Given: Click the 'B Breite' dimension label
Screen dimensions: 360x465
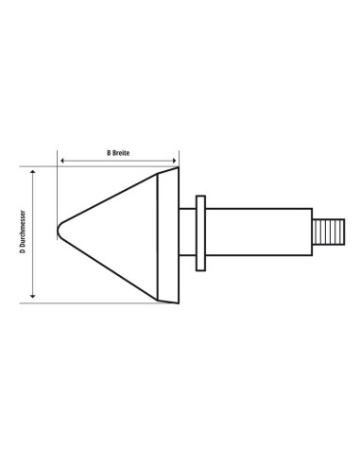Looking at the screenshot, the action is (x=118, y=153).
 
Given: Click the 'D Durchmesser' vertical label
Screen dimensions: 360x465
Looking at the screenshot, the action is (x=23, y=232).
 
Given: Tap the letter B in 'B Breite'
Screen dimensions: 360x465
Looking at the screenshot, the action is (x=109, y=153).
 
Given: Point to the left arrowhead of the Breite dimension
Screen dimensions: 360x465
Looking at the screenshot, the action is (x=62, y=161).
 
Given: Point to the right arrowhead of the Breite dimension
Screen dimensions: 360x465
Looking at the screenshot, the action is (x=174, y=161).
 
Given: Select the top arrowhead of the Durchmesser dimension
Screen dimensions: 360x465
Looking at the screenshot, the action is (x=32, y=171).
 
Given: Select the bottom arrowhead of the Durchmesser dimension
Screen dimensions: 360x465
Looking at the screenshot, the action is (x=32, y=296).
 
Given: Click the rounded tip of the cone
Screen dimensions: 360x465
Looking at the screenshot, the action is (x=59, y=231).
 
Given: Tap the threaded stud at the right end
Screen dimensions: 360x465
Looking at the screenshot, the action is (x=329, y=232).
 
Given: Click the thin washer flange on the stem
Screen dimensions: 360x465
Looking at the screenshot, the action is (x=200, y=233).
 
